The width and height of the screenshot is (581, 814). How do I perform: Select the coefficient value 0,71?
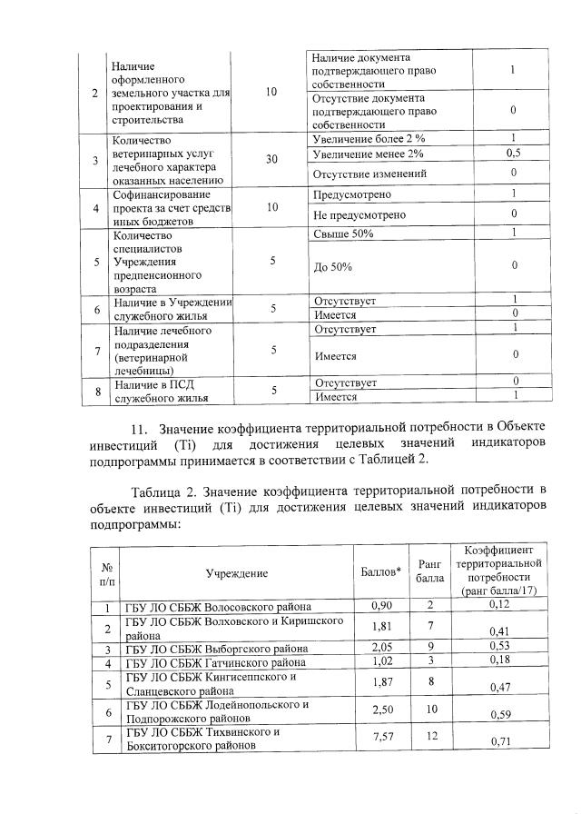point(500,743)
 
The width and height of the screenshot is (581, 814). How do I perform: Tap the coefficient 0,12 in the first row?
point(500,604)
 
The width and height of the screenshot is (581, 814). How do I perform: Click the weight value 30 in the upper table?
point(271,159)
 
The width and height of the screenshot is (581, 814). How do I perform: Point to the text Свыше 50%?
point(343,233)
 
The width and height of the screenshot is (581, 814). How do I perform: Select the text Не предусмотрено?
point(359,215)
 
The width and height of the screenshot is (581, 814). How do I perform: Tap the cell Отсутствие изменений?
point(369,173)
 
